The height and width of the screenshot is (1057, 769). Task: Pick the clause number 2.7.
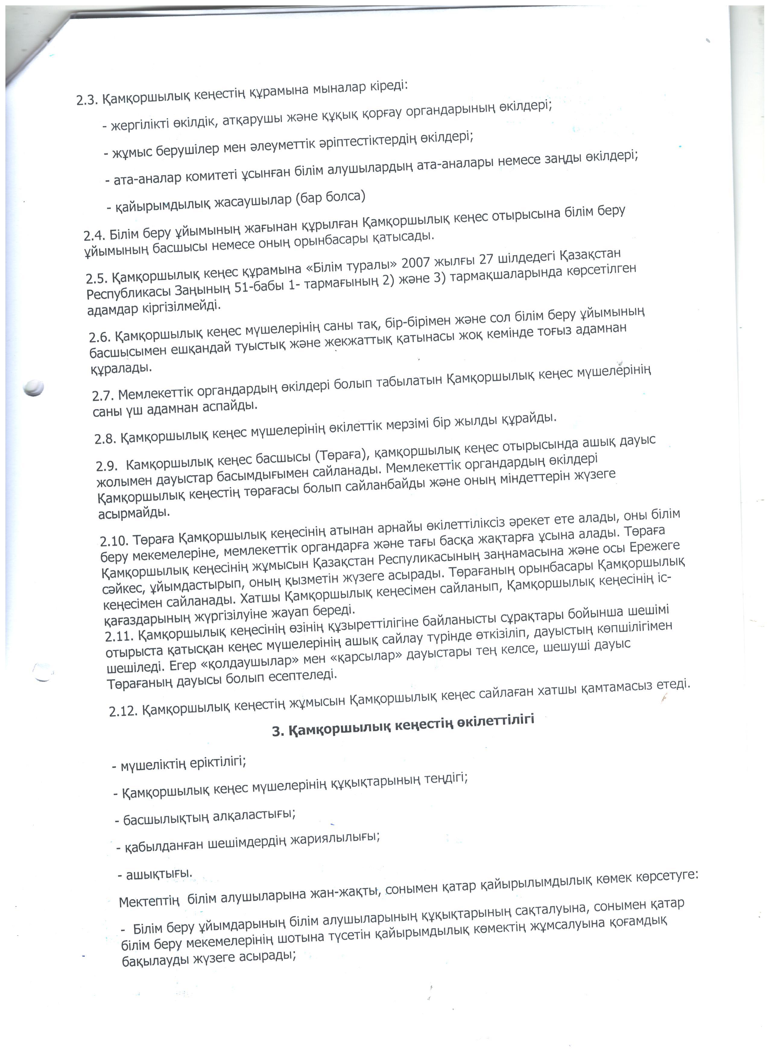pos(103,396)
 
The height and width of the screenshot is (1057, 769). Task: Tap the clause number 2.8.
pos(105,438)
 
